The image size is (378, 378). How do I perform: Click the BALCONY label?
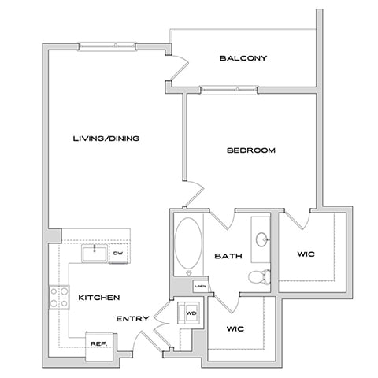pos(244,58)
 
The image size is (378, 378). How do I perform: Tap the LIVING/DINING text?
pos(106,139)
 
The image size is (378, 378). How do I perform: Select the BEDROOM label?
pos(251,150)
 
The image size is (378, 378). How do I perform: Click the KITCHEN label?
pos(98,297)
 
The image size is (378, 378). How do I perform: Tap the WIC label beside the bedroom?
pos(306,254)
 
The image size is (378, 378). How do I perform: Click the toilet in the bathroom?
pos(258,276)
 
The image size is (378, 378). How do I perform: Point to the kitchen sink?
pos(95,253)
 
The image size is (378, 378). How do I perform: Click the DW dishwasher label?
pos(117,253)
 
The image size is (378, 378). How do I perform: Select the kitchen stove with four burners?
pos(58,297)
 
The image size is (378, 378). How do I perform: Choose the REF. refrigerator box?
pos(98,343)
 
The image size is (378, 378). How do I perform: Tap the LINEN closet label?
pos(201,287)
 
